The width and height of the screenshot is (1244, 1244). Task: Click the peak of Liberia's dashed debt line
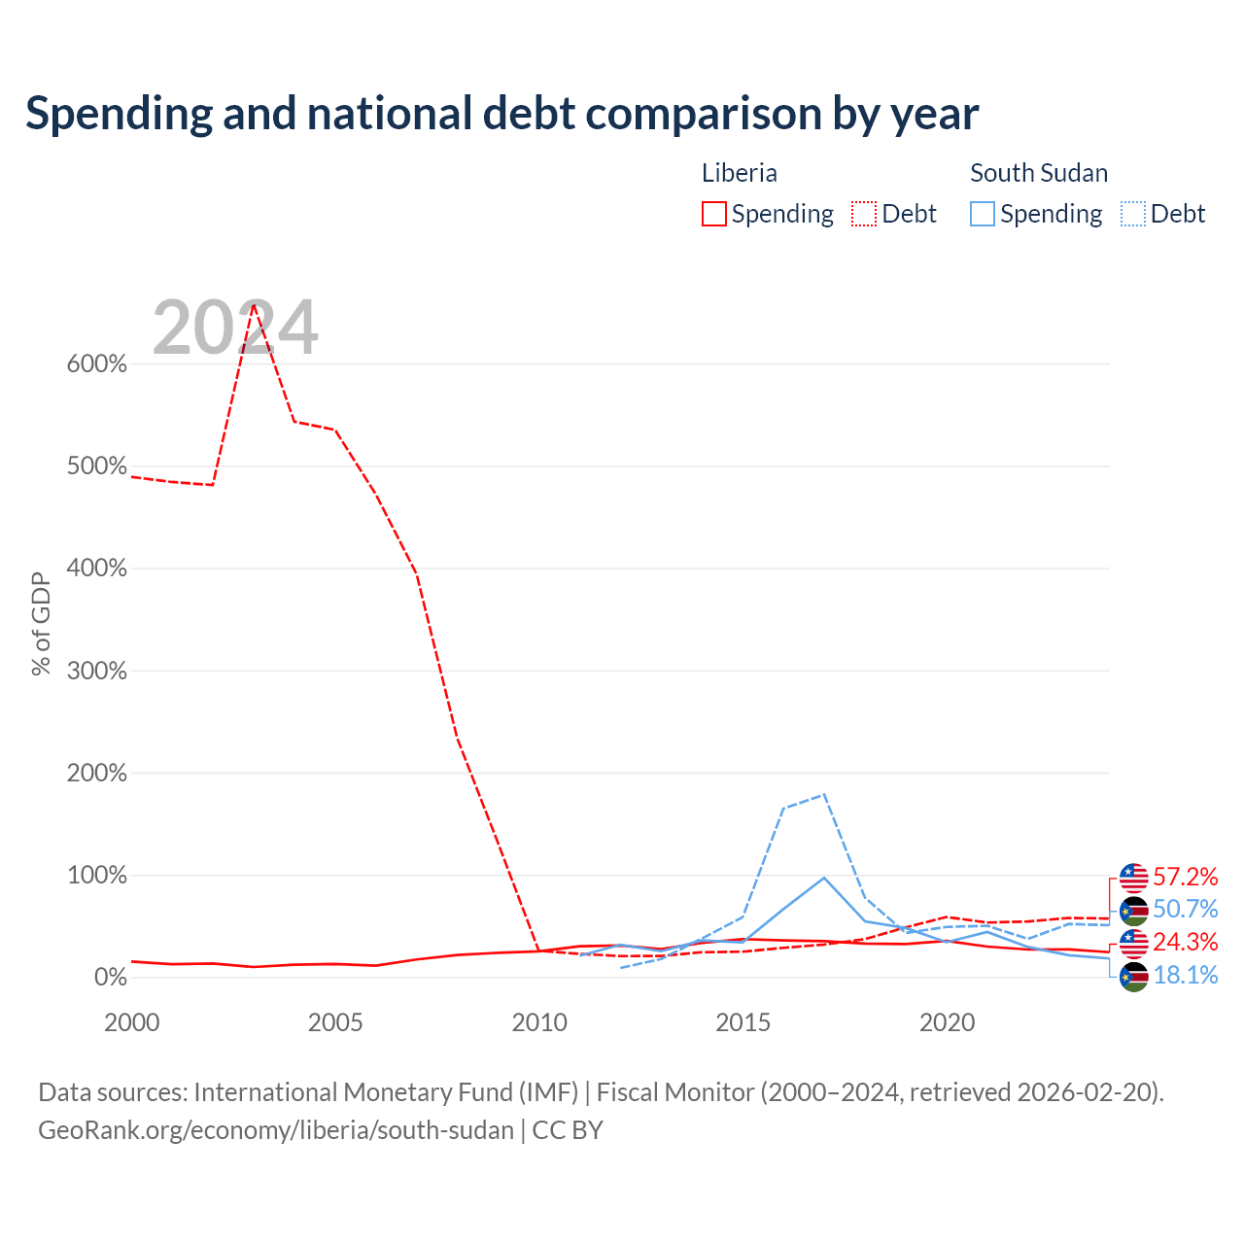[x=254, y=304]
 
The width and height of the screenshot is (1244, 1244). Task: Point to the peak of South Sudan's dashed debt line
[x=824, y=794]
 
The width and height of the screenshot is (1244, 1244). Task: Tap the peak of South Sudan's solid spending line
[x=824, y=878]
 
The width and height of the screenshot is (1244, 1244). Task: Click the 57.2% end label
[x=1186, y=877]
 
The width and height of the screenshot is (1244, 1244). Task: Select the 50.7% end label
[x=1186, y=909]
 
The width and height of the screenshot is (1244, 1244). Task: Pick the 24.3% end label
[x=1186, y=942]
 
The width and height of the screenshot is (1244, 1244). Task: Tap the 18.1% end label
[x=1186, y=975]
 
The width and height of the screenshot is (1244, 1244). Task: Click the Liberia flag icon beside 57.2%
[x=1133, y=878]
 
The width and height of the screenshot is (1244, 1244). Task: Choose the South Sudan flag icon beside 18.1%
[x=1133, y=976]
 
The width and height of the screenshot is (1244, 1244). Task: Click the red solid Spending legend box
[x=714, y=214]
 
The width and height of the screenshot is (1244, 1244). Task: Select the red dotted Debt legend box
[x=864, y=214]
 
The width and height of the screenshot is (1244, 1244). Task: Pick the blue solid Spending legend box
[x=982, y=214]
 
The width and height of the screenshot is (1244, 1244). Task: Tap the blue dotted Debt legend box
[x=1132, y=214]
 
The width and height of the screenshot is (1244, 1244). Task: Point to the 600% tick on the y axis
[x=97, y=364]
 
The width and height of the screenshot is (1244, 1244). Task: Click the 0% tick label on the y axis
[x=111, y=977]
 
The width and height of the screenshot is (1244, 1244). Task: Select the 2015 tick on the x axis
[x=743, y=1022]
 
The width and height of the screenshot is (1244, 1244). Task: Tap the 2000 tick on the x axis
[x=132, y=1022]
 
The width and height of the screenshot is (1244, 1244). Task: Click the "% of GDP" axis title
[x=41, y=624]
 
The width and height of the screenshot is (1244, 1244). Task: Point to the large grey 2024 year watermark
[x=235, y=327]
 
